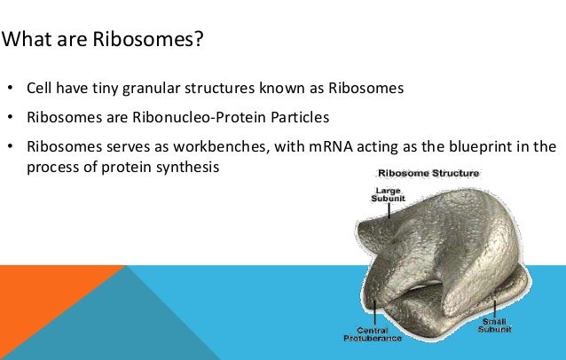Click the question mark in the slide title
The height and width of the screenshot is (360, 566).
pos(199,39)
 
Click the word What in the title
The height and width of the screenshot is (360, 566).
pos(27,39)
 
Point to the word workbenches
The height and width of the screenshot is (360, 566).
pos(221,146)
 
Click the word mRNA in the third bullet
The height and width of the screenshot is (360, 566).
pos(331,147)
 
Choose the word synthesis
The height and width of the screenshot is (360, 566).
pos(187,167)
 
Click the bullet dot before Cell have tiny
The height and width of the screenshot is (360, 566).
pos(10,88)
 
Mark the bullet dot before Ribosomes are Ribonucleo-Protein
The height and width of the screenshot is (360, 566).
pos(10,117)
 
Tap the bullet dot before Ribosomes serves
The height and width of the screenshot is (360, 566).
pos(10,146)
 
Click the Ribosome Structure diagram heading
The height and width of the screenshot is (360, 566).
pos(428,174)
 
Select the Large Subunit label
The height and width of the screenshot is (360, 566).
pos(388,194)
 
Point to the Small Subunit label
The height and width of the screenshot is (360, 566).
pos(494,325)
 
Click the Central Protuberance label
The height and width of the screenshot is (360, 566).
pos(373,334)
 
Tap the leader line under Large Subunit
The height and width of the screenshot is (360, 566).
pos(389,211)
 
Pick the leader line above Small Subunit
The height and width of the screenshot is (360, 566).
pos(494,309)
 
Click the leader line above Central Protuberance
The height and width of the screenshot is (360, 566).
pos(375,313)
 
